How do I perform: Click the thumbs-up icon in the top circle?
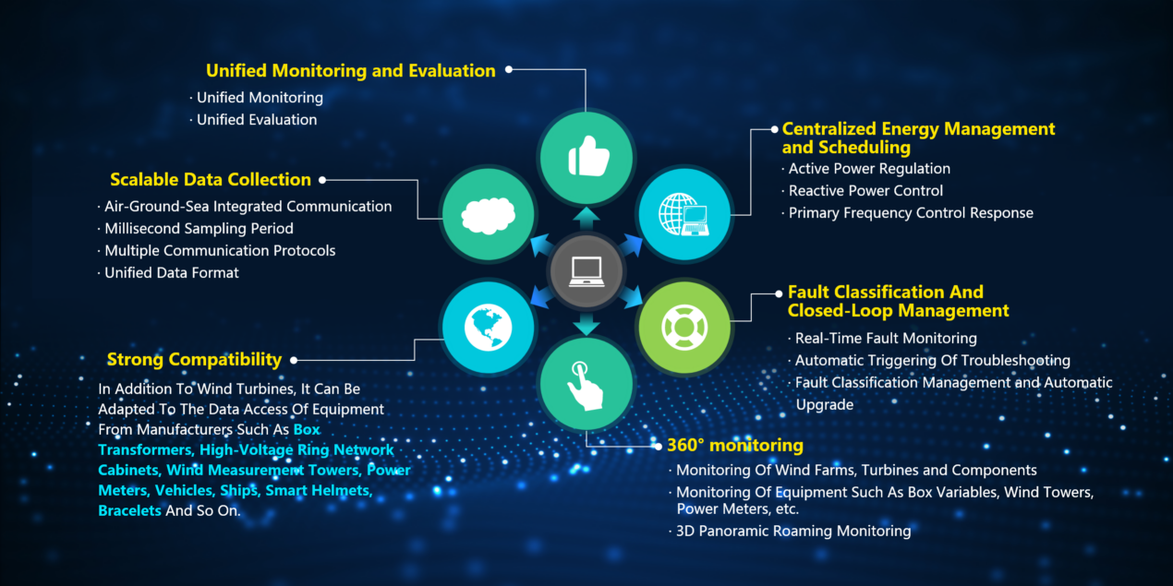[x=588, y=156]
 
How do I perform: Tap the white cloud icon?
[x=488, y=215]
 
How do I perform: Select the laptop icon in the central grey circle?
[x=586, y=271]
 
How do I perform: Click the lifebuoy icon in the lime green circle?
[x=684, y=328]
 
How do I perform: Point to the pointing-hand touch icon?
[x=585, y=385]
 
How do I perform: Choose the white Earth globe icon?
[x=488, y=328]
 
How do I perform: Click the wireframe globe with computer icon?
[x=684, y=214]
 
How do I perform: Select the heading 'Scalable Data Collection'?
[x=211, y=179]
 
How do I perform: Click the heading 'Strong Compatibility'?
[x=194, y=360]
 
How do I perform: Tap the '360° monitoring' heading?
[x=735, y=445]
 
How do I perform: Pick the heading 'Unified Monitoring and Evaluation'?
[x=351, y=71]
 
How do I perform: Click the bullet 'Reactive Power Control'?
[x=865, y=190]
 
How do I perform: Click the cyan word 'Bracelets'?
[x=129, y=510]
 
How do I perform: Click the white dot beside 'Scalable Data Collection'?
[x=322, y=180]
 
